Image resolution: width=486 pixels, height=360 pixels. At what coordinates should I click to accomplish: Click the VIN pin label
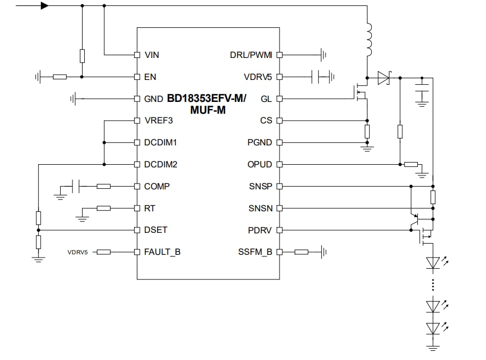pos(151,55)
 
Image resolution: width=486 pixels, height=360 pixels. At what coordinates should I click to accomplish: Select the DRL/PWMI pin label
pos(251,55)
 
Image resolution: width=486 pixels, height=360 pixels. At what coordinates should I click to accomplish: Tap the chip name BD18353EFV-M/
pos(207,98)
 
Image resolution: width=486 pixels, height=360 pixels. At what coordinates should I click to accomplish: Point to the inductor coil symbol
pos(369,40)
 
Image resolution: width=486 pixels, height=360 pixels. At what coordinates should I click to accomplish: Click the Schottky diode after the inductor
pos(384,78)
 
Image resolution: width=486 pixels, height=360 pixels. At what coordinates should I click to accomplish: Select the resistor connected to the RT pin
pos(104,208)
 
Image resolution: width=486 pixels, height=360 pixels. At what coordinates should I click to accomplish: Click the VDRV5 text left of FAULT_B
pos(78,252)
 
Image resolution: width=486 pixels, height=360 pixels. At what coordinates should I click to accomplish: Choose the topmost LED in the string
pos(433,262)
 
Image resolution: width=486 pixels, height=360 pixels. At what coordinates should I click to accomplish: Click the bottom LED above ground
pos(433,327)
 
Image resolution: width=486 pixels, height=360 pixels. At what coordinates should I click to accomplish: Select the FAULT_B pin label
pos(162,252)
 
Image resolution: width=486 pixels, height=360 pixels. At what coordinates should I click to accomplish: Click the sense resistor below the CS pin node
pos(367,131)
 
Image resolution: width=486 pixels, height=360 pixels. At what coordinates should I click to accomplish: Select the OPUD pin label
pos(259,164)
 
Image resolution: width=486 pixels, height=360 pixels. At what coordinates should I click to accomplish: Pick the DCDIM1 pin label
pos(160,143)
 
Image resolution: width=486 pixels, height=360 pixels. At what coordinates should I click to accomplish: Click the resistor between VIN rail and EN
pos(82,56)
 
